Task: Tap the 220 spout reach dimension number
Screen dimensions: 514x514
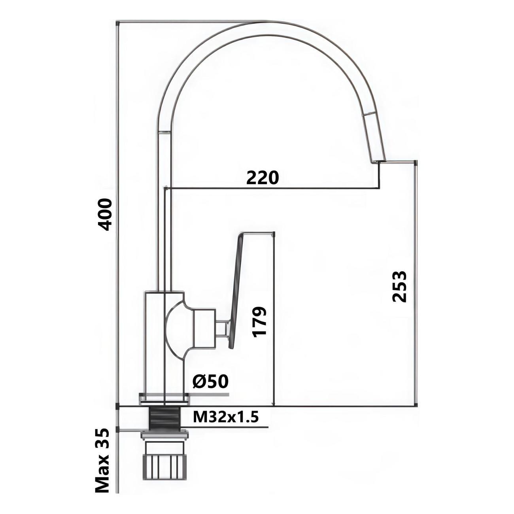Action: (x=262, y=178)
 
